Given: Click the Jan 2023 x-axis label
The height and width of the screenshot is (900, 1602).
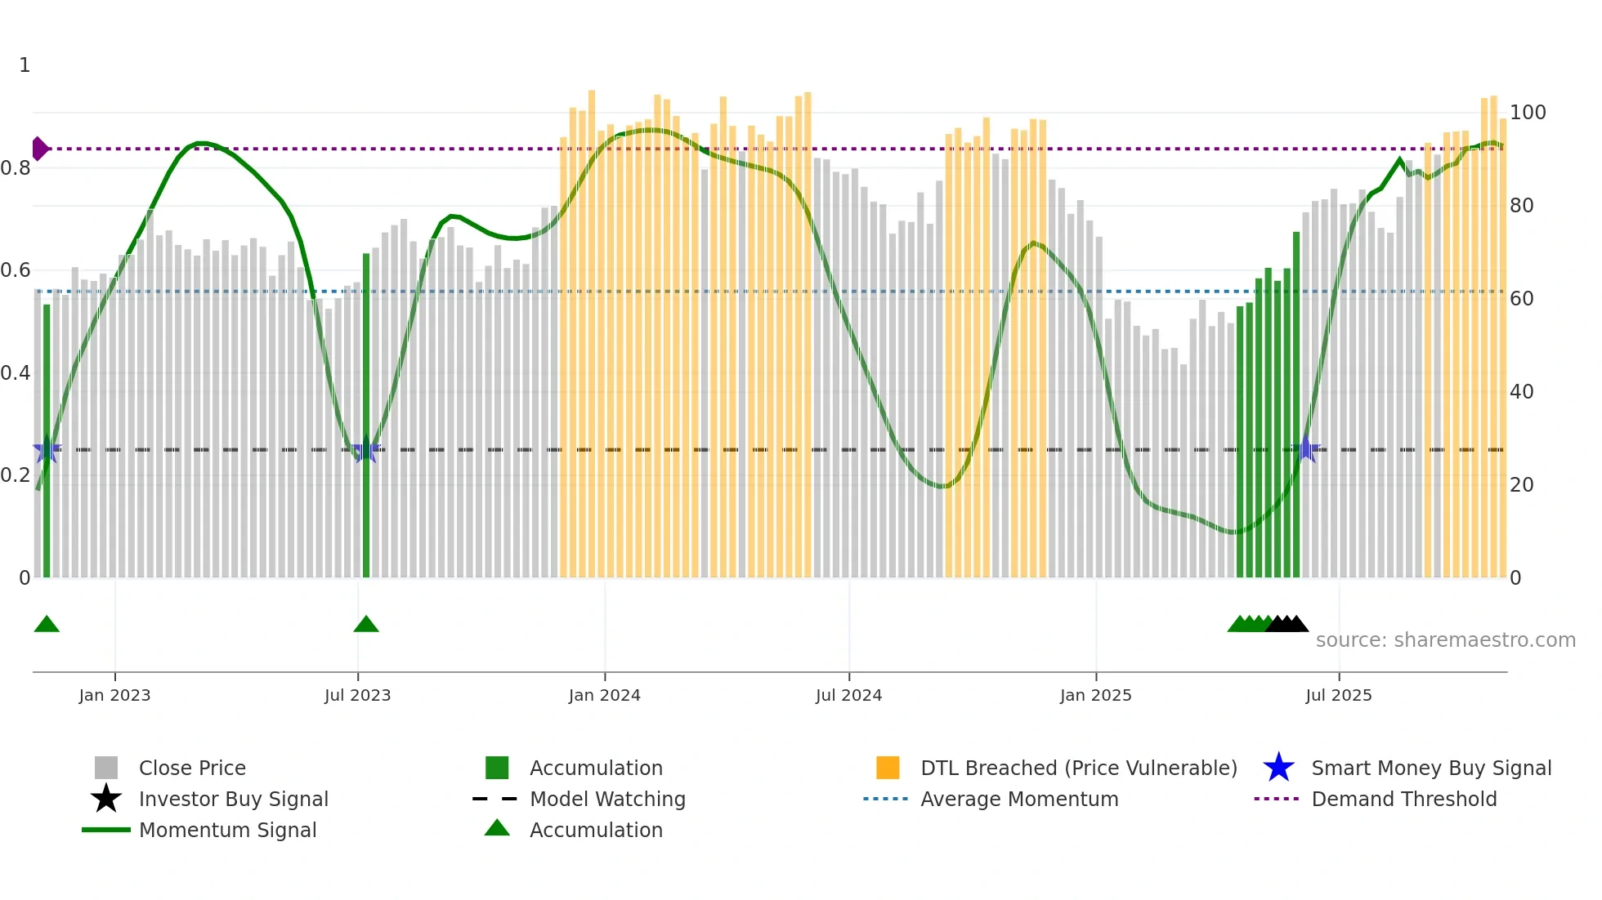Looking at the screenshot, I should click(114, 695).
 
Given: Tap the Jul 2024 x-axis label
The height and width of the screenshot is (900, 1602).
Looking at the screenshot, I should click(848, 695).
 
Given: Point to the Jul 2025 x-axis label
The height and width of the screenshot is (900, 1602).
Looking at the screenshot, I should click(1338, 695).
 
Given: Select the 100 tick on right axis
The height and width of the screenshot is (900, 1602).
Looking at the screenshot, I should click(1528, 113).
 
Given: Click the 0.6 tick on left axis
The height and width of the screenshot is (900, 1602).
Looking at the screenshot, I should click(16, 270).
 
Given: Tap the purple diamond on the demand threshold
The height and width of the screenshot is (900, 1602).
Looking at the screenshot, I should click(38, 149).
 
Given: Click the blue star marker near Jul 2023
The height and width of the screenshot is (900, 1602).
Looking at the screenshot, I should click(366, 450).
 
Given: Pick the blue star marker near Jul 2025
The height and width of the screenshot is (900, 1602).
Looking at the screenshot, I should click(1306, 449).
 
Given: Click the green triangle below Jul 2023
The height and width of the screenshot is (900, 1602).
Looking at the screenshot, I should click(366, 625).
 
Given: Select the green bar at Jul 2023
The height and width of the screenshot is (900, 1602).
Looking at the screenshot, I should click(366, 417).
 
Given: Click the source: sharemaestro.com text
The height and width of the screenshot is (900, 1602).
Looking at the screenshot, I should click(1445, 639).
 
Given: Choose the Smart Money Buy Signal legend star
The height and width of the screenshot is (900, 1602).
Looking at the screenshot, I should click(1278, 768).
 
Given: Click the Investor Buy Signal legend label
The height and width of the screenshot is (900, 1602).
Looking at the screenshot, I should click(233, 799).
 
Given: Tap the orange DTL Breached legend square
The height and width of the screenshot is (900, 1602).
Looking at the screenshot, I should click(888, 768).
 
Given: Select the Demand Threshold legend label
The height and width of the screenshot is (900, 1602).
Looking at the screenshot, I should click(1403, 799).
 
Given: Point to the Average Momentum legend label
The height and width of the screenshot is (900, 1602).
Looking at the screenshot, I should click(1019, 799).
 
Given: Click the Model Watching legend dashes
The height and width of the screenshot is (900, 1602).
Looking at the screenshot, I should click(495, 799).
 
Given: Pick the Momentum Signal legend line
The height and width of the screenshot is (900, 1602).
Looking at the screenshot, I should click(106, 830).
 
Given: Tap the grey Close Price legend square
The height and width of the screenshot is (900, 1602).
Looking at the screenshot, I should click(106, 768).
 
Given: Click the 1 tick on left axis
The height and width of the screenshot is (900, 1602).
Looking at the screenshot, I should click(25, 65).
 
